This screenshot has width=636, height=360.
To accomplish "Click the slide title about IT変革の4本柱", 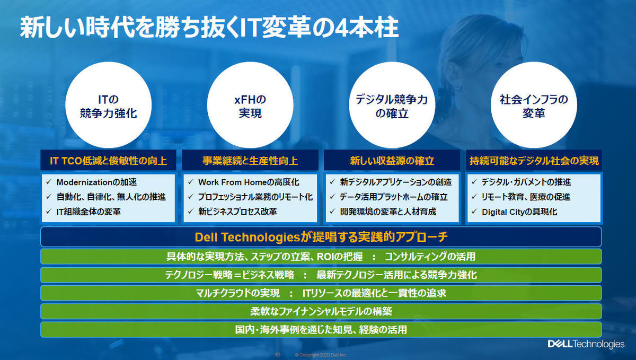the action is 209,28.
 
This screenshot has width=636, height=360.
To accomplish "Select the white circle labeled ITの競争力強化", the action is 109,105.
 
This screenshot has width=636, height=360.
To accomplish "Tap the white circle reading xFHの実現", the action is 250,105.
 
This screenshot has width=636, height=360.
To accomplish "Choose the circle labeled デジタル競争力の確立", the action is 392,105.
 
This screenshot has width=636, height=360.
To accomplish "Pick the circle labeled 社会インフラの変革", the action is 534,105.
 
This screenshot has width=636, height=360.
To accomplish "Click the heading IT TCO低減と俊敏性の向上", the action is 109,161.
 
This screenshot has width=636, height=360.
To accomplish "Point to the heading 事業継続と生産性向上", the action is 250,161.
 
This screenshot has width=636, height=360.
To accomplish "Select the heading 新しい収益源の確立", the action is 392,161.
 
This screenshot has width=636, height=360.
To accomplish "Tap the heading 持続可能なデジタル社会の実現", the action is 534,161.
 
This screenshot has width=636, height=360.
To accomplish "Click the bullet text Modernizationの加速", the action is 96,182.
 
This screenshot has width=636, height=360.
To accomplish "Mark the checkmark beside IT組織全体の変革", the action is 49,212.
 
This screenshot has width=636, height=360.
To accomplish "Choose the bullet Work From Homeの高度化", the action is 249,182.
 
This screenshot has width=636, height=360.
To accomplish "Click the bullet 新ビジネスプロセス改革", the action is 237,212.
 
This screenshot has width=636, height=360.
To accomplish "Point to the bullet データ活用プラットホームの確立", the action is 394,197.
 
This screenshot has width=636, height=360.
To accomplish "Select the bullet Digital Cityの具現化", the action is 519,212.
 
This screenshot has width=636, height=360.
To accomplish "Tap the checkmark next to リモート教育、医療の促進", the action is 474,197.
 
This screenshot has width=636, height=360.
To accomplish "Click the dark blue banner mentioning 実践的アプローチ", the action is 321,237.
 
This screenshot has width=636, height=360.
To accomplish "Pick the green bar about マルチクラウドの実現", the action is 321,293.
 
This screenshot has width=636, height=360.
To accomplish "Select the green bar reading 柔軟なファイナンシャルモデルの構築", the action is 321,311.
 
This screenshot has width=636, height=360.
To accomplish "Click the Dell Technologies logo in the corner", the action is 586,344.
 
